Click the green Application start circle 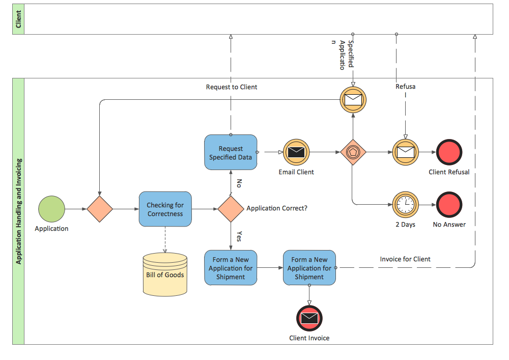tap(51, 209)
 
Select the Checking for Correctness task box tap(165, 209)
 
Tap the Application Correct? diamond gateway tap(231, 209)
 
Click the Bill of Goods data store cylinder tap(165, 274)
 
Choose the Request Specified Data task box tap(231, 152)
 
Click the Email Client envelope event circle tap(296, 152)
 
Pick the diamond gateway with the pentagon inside tap(353, 152)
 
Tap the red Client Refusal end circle tap(449, 152)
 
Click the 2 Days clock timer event tap(406, 205)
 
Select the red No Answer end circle tap(449, 205)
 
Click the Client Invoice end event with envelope tap(309, 318)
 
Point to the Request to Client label tap(232, 87)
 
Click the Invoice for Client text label tap(405, 259)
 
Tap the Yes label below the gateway tap(240, 236)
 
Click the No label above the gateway tap(239, 183)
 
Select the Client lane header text tap(19, 19)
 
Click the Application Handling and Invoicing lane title tap(19, 211)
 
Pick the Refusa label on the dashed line tap(406, 87)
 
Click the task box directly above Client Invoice tap(309, 268)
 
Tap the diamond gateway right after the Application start tap(100, 209)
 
